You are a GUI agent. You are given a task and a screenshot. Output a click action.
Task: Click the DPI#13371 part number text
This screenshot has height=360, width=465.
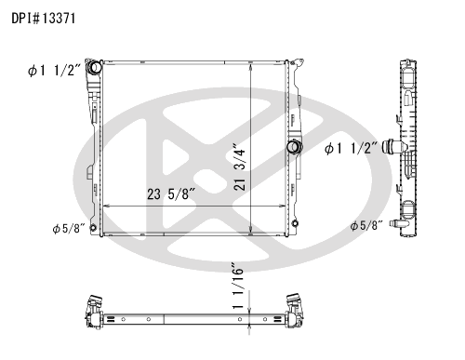[44, 19]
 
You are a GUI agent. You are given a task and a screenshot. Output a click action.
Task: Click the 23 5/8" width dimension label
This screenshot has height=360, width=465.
[171, 194]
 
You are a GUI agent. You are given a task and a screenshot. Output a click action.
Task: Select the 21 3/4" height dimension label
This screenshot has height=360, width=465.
[240, 167]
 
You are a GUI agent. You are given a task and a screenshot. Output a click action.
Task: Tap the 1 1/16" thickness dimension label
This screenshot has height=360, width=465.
[238, 286]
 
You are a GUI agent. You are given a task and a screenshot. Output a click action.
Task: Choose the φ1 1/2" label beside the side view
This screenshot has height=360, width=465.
[352, 148]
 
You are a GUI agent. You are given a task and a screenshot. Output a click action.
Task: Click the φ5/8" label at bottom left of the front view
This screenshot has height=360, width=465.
[69, 229]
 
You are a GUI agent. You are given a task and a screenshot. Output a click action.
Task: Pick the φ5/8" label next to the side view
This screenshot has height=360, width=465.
[366, 225]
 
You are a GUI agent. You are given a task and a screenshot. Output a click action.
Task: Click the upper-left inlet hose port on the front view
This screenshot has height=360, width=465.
[94, 67]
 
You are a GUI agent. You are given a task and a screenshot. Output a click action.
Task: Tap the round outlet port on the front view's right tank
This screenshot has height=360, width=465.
[294, 147]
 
